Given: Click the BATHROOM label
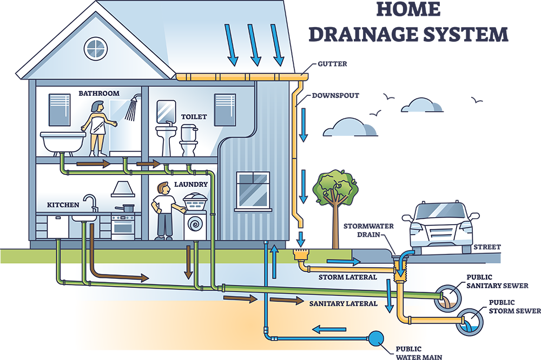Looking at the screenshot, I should click(x=99, y=93).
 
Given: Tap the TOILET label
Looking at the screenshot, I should click(x=194, y=116).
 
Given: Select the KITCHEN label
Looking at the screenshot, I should click(x=63, y=205).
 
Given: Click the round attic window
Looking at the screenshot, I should click(x=96, y=48).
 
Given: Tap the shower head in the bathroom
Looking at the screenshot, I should click(x=131, y=108).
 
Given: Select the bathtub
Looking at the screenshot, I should click(x=62, y=142).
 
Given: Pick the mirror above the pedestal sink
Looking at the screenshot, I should click(x=164, y=112).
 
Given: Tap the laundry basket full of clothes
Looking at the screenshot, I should click(x=196, y=204).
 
